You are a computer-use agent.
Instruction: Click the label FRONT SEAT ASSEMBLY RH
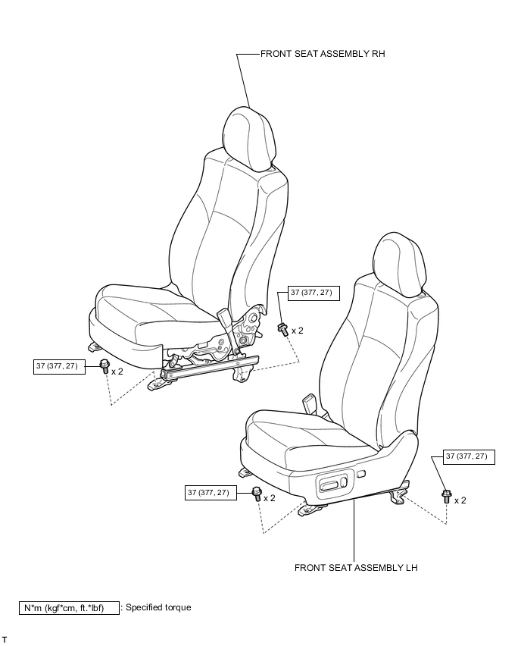[x=323, y=54]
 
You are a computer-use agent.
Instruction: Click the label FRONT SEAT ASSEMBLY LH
[x=356, y=568]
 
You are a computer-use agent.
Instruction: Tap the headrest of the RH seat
[x=248, y=139]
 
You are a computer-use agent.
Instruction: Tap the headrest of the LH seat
[x=400, y=265]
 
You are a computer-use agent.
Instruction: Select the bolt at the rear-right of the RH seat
[x=282, y=329]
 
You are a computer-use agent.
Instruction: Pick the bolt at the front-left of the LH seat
[x=257, y=493]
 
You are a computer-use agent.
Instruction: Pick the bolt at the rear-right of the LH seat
[x=446, y=496]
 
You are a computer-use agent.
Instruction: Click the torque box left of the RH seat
[x=59, y=367]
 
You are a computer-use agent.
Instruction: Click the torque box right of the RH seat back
[x=314, y=293]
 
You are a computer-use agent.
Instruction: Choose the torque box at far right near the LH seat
[x=469, y=457]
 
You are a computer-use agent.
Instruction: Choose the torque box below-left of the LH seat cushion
[x=211, y=493]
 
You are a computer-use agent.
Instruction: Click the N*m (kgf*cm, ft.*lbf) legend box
[x=69, y=608]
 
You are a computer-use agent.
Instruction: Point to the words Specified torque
[x=158, y=607]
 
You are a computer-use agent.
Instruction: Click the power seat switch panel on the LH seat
[x=332, y=483]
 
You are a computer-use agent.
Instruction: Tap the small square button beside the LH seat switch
[x=361, y=474]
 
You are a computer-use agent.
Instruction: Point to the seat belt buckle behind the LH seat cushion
[x=310, y=402]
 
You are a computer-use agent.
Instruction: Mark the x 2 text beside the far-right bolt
[x=460, y=500]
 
